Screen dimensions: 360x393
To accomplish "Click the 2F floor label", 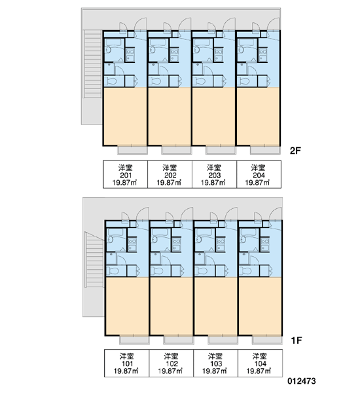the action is point(295,151).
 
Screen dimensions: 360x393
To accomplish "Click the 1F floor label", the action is point(297,341).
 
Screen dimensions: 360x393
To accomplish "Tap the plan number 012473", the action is point(302,381).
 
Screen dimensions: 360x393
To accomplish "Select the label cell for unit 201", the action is point(126,174).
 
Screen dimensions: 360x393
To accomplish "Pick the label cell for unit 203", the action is point(214,174).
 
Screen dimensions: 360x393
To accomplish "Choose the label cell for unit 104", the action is point(260,363).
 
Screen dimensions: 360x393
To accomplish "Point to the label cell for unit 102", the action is point(171,363).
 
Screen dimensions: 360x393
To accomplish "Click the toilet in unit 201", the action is point(110,81).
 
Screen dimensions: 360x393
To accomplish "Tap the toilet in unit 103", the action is point(202,271).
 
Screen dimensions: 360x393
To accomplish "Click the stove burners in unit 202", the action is point(175,51).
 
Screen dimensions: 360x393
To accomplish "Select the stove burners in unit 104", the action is point(265,241).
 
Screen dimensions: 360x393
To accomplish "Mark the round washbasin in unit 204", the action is point(242,50).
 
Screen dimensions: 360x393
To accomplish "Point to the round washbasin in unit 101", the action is point(111,240).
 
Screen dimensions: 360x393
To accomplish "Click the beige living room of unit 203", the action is point(214,116).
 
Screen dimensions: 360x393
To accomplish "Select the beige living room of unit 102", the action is point(171,306).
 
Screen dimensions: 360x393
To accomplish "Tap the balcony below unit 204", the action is point(266,150).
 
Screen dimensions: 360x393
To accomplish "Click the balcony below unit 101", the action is point(134,339).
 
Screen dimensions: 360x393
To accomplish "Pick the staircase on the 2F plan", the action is point(93,64).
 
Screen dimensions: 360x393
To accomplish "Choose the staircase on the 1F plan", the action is point(94,260).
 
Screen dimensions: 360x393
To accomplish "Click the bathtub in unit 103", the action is point(204,232).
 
